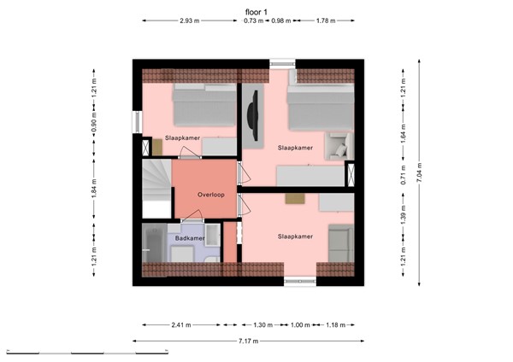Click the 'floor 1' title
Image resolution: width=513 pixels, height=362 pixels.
point(256,11)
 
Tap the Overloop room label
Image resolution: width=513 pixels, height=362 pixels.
point(209,195)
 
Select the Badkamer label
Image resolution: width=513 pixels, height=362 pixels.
point(189,238)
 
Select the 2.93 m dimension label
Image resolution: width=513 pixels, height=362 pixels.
point(190,20)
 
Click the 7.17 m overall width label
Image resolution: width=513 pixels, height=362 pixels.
point(250,341)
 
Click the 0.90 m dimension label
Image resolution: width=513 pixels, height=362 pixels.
point(92,126)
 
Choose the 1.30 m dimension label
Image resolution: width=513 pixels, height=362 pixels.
point(265,324)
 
